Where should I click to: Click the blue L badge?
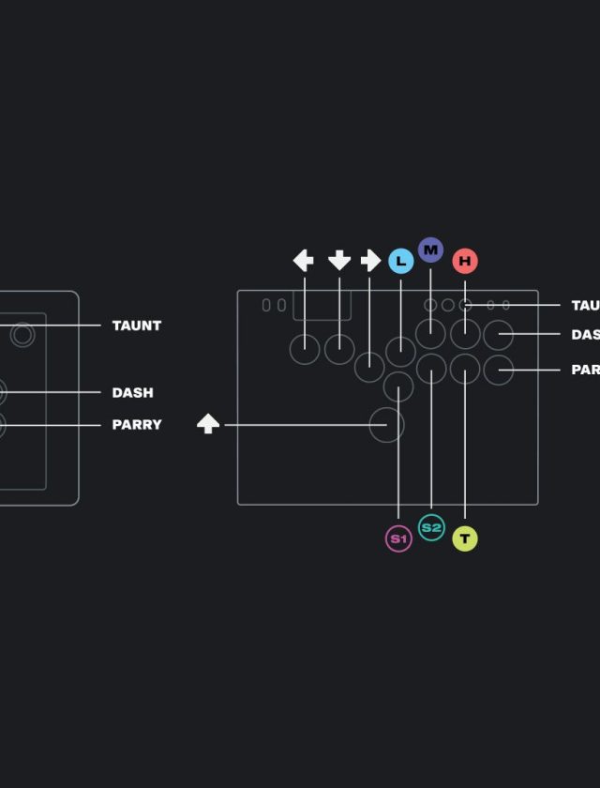coord(400,261)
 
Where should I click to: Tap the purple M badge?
coord(430,250)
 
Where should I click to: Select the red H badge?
coord(465,261)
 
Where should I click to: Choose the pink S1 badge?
coord(398,538)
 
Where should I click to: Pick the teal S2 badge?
coord(431,528)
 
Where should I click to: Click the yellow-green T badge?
coord(465,538)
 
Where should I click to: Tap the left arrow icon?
coord(304,260)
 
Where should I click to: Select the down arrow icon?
coord(339,260)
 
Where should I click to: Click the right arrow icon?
coord(370,260)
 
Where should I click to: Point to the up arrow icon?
coord(208,424)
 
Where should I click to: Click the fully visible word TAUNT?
coord(137,326)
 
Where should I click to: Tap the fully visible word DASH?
coord(132,392)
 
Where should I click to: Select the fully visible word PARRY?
coord(137,425)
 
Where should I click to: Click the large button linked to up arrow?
coord(386,424)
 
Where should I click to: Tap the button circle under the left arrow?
coord(304,349)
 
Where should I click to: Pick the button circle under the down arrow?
coord(339,349)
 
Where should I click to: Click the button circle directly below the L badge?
coord(400,351)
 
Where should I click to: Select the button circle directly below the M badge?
coord(430,333)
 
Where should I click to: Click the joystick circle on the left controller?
coord(22,334)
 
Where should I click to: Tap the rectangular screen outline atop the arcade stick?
coord(322,305)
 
